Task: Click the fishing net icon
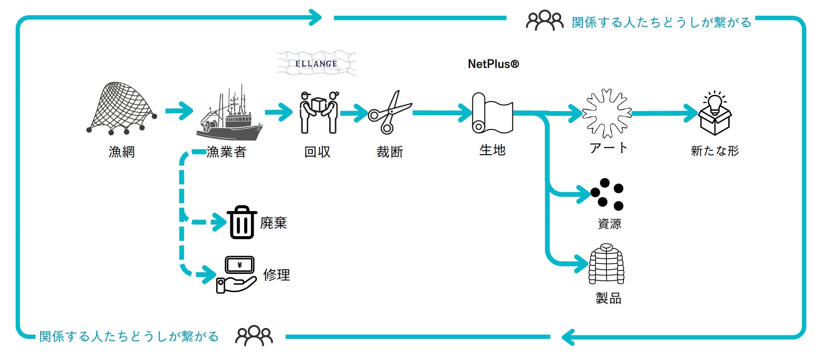pos(121,108)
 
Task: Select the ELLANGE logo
pos(316,63)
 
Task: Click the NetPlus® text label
pos(493,64)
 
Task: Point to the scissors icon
pos(390,112)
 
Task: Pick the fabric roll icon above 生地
pos(492,113)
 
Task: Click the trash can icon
pos(242,222)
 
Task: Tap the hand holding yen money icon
pos(237,274)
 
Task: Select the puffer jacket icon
pos(606,264)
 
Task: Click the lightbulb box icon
pos(715,113)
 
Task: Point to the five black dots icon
pos(607,194)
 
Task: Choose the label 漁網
pos(121,152)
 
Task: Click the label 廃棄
pos(274,223)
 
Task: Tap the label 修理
pos(277,275)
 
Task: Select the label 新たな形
pos(715,151)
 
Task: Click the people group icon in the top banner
pos(544,21)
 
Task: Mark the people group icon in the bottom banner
pos(254,336)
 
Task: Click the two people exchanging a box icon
pos(319,112)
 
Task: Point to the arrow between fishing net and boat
pos(179,111)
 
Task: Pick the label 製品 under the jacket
pos(608,298)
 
